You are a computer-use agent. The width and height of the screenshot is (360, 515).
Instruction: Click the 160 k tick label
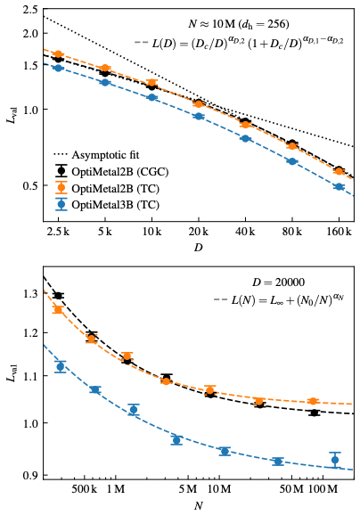click(x=339, y=231)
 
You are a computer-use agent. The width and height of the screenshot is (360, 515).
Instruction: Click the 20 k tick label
click(x=198, y=231)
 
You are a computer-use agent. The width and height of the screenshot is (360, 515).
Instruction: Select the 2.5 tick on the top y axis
click(x=29, y=11)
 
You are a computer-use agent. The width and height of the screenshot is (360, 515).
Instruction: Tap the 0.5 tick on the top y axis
click(x=29, y=185)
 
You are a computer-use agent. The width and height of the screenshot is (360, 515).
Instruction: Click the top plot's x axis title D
click(x=198, y=247)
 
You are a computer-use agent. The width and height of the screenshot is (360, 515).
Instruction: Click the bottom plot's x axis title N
click(x=198, y=506)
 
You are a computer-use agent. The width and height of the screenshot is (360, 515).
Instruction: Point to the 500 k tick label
click(x=84, y=490)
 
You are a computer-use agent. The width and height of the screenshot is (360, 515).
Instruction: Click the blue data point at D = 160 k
click(x=339, y=187)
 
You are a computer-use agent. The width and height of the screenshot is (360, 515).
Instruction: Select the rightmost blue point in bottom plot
click(x=335, y=460)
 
